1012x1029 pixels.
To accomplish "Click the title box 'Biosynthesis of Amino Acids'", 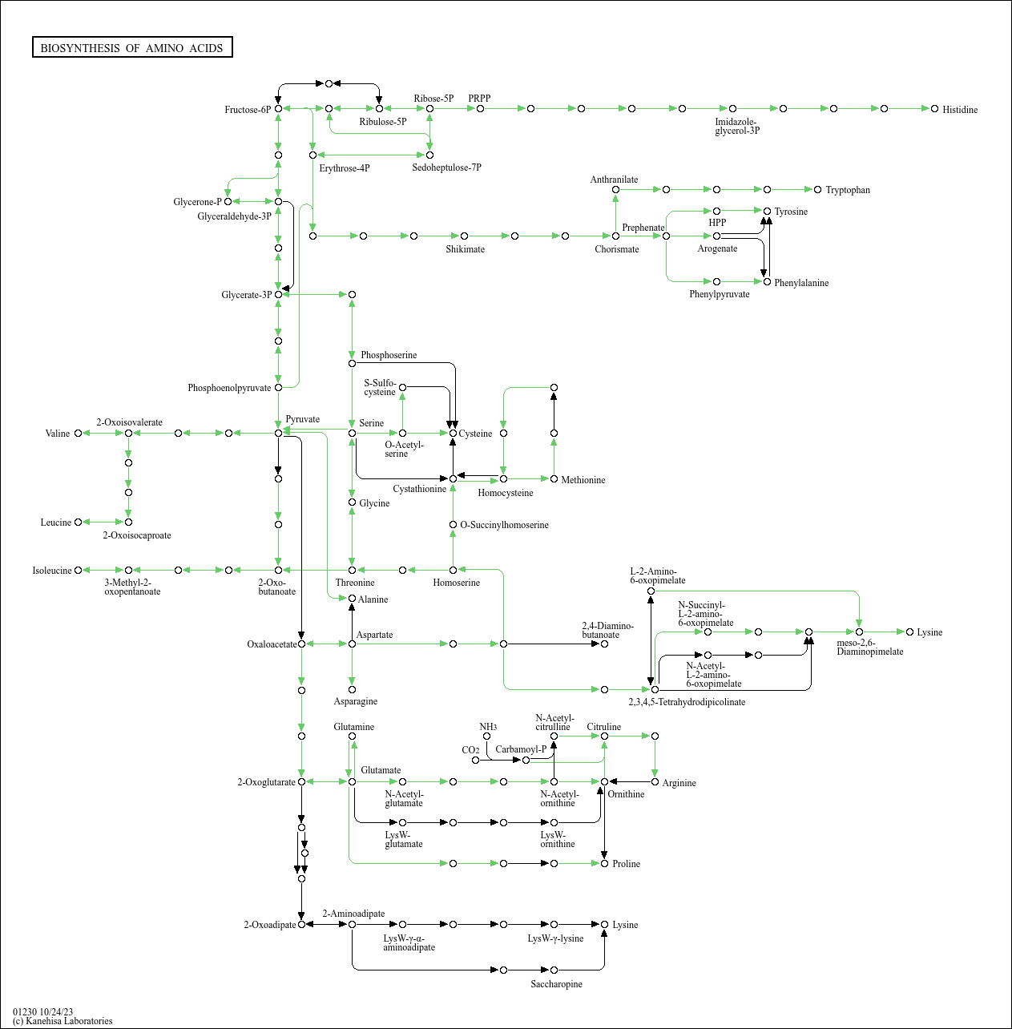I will pyautogui.click(x=132, y=48).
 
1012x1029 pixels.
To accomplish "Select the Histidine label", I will pyautogui.click(x=959, y=110).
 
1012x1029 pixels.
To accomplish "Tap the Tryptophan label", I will pyautogui.click(x=847, y=190).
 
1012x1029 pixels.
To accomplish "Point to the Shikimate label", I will pyautogui.click(x=465, y=249).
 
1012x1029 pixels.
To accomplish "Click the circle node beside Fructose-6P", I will pyautogui.click(x=278, y=108).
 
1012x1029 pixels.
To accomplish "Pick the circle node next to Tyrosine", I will pyautogui.click(x=767, y=212).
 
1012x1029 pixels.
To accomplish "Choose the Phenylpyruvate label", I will pyautogui.click(x=719, y=294).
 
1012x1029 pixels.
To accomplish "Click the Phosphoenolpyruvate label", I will pyautogui.click(x=229, y=388).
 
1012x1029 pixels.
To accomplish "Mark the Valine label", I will pyautogui.click(x=57, y=434).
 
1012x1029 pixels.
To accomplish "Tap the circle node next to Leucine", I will pyautogui.click(x=78, y=523).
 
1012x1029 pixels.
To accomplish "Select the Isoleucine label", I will pyautogui.click(x=51, y=571).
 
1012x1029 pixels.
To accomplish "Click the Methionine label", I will pyautogui.click(x=583, y=480).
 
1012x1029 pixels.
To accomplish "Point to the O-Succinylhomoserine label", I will pyautogui.click(x=504, y=525).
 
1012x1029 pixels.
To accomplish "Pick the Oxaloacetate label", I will pyautogui.click(x=272, y=644).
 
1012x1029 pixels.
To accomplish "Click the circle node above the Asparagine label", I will pyautogui.click(x=352, y=689).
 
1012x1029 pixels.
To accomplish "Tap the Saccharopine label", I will pyautogui.click(x=556, y=984).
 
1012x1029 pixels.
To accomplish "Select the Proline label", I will pyautogui.click(x=626, y=864).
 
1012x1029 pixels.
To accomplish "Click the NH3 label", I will pyautogui.click(x=488, y=727).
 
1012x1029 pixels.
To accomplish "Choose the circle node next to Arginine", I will pyautogui.click(x=655, y=781).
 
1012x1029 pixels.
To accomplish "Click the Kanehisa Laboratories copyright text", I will pyautogui.click(x=62, y=1021).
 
